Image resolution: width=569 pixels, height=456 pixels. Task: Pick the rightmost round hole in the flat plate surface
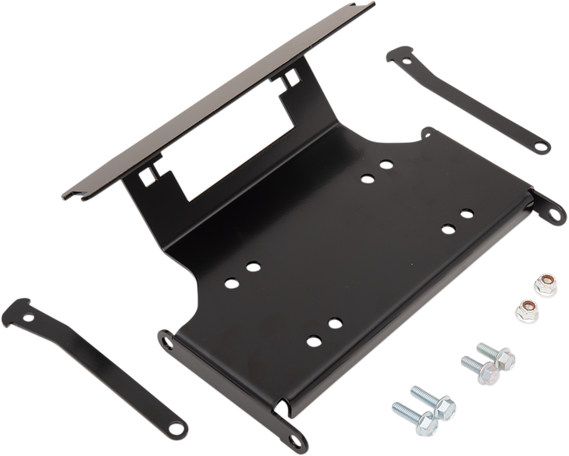[467, 212]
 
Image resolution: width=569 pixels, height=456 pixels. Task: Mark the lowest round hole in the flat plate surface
[312, 340]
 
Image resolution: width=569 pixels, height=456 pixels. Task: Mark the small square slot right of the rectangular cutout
[290, 79]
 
